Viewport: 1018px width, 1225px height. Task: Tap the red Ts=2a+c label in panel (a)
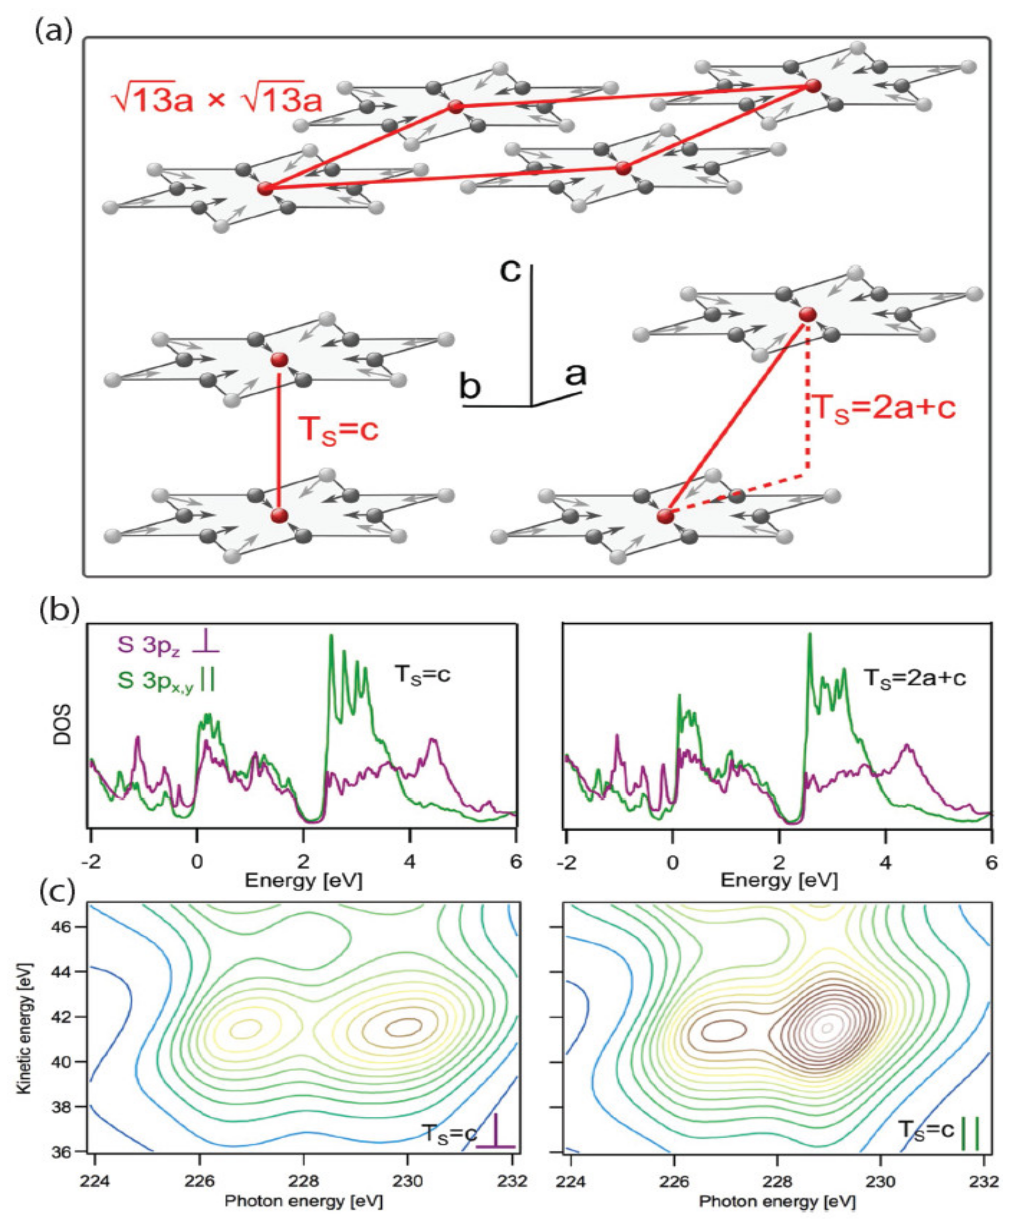pos(884,408)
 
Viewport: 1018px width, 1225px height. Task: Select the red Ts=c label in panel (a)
pos(338,431)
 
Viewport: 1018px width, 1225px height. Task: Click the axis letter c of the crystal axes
pos(511,271)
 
